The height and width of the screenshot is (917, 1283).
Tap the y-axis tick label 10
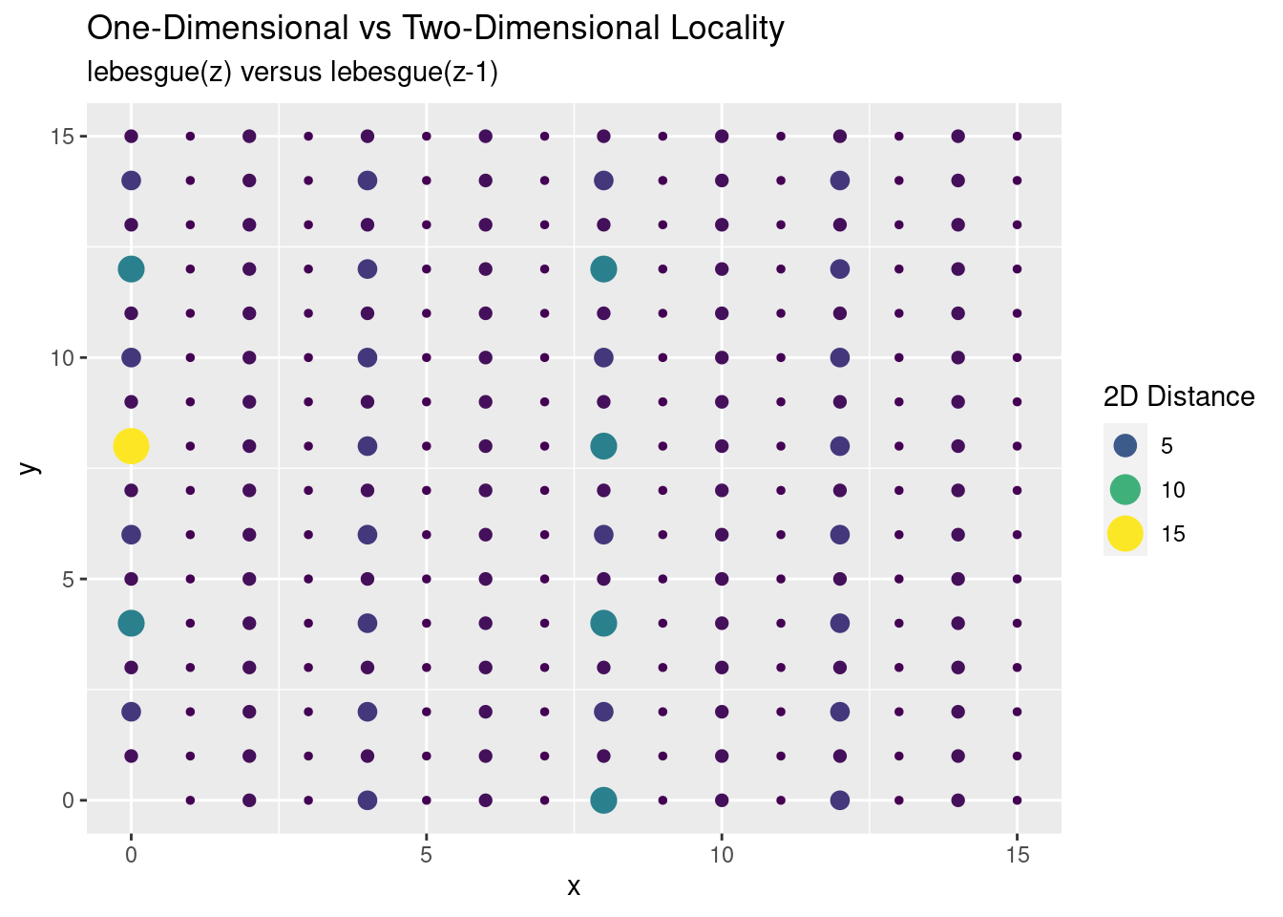61,358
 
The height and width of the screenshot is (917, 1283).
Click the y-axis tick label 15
61,137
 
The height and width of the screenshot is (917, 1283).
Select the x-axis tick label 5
427,854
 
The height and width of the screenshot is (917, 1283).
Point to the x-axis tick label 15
1017,854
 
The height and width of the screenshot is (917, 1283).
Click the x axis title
574,887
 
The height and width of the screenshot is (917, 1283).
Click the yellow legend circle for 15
1125,534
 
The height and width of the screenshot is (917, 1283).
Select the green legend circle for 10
1125,490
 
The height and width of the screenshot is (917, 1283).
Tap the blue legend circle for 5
1125,446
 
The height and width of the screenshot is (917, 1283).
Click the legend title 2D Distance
1178,396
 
